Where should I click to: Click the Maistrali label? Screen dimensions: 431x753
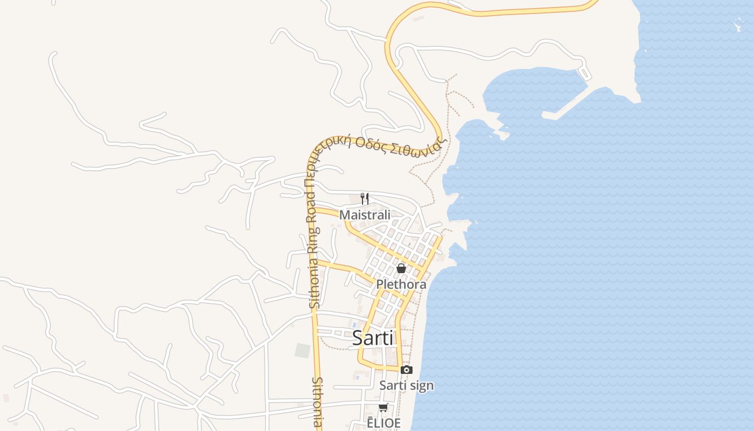(365, 214)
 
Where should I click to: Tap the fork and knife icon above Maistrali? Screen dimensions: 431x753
(365, 198)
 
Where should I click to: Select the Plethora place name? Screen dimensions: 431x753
(401, 284)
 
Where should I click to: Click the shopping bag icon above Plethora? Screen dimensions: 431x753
(401, 268)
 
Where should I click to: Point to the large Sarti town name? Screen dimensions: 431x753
(373, 338)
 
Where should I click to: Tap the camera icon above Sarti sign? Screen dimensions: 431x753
(407, 370)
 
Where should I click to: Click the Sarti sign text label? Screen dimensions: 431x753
(406, 385)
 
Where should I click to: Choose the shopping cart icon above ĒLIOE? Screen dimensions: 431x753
(383, 407)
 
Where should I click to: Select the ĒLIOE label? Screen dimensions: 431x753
(383, 423)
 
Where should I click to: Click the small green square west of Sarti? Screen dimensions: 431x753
(303, 350)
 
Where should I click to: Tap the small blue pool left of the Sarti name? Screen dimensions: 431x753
(354, 325)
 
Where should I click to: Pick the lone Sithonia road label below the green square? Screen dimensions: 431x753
(317, 401)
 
